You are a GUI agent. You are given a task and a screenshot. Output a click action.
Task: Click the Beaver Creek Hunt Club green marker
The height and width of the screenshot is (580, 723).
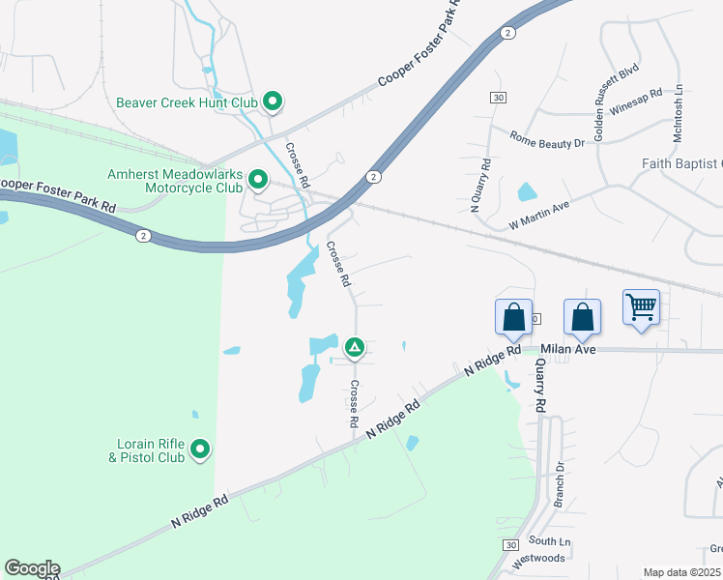(x=273, y=101)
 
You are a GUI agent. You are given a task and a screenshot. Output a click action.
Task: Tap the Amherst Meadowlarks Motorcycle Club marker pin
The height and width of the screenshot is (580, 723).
(x=258, y=179)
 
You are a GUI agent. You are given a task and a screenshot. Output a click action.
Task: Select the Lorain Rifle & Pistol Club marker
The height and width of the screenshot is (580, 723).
(x=200, y=449)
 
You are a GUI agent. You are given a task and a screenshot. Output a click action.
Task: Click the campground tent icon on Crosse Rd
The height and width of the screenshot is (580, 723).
(x=355, y=346)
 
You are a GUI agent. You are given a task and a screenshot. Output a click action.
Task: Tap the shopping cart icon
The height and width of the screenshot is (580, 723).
(x=642, y=308)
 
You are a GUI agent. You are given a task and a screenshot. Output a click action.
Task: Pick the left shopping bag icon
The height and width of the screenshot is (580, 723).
(x=513, y=316)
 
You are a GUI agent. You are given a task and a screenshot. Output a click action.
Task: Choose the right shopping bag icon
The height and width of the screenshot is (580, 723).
(x=582, y=316)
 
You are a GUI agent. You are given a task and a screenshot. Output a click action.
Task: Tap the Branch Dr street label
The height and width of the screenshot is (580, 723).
(x=559, y=485)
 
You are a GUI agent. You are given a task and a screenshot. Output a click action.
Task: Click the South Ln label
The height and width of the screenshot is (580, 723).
(x=550, y=540)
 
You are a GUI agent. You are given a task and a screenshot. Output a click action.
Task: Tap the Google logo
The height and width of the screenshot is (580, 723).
(x=31, y=568)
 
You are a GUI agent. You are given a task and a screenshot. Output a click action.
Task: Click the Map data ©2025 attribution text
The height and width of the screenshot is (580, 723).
(x=681, y=572)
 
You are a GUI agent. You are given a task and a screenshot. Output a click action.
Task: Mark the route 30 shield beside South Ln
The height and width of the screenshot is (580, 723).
(x=510, y=546)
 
